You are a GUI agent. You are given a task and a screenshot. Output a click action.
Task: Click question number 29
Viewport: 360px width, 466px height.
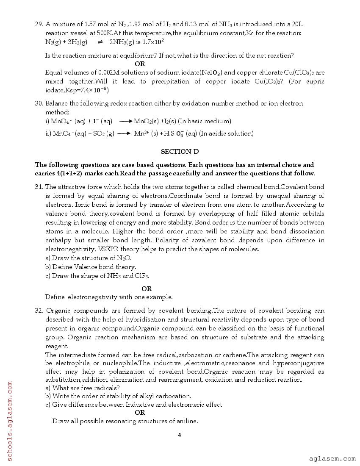(39, 24)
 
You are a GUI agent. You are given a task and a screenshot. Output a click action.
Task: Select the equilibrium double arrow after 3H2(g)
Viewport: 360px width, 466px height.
(100, 42)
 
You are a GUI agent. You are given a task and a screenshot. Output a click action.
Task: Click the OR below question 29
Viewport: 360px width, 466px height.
(140, 64)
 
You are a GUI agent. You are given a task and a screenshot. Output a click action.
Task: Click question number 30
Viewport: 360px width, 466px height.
(39, 103)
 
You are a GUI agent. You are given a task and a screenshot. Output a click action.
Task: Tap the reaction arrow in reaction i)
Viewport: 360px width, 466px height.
(126, 122)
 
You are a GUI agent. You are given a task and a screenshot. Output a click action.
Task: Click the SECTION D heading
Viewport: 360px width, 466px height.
(180, 151)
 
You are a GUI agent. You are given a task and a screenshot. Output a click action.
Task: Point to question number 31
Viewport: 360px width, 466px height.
(39, 186)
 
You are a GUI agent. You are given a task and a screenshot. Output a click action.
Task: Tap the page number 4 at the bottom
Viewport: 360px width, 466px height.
(180, 435)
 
